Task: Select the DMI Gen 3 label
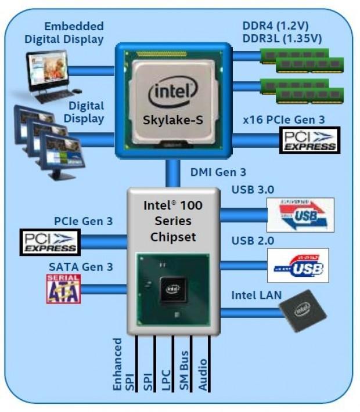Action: pos(218,172)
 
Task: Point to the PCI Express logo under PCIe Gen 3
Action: pos(51,241)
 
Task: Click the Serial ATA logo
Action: pos(63,288)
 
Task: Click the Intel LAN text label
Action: pos(256,295)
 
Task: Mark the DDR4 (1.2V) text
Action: pos(275,26)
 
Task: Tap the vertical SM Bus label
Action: pos(184,366)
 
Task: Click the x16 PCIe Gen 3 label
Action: pos(283,120)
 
